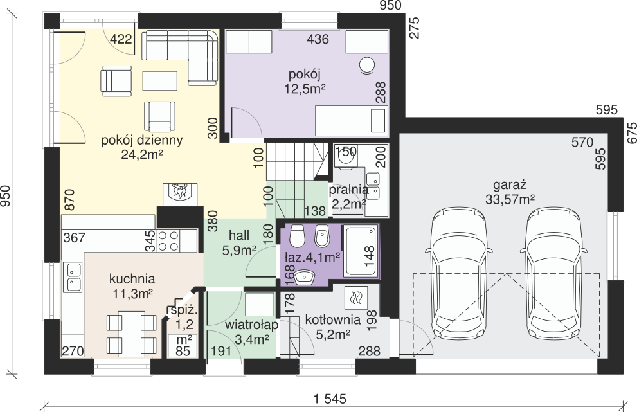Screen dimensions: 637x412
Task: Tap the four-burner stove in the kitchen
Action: point(168,240)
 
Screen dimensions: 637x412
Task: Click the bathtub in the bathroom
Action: point(361,251)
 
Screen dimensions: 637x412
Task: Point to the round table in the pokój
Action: point(367,65)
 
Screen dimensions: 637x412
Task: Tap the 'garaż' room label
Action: point(510,185)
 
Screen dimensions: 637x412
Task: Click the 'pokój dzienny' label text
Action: point(142,140)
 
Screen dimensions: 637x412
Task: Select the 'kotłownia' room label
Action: point(333,320)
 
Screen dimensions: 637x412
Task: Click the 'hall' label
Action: point(239,236)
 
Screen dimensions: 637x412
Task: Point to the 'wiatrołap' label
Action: point(252,325)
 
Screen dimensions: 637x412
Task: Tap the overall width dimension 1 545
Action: point(330,399)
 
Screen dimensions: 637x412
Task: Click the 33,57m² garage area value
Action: point(510,199)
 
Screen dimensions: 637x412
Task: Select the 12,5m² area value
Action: point(305,89)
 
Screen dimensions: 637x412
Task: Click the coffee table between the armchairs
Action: point(159,81)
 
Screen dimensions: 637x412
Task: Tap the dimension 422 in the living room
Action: point(121,39)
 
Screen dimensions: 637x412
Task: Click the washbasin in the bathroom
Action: point(305,278)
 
